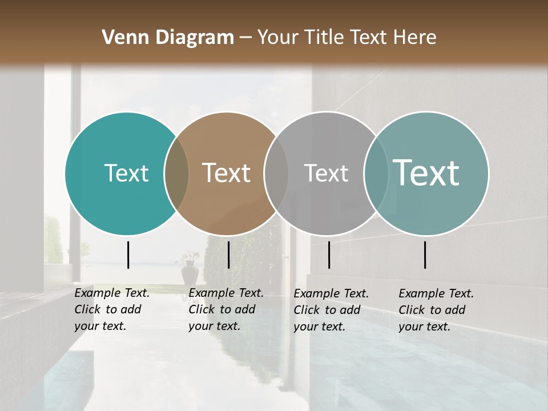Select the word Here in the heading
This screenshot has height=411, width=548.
click(416, 38)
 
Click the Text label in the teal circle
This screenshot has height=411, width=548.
click(126, 174)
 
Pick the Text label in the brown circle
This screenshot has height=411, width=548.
click(226, 174)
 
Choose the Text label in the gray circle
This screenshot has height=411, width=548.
click(326, 174)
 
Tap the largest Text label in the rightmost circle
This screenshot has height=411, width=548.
click(426, 173)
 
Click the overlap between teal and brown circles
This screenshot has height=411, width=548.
click(176, 174)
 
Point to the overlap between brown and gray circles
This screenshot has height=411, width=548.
click(276, 174)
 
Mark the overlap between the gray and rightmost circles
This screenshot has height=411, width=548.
click(376, 174)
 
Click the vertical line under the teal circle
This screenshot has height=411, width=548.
click(128, 255)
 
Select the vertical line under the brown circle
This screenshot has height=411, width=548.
click(228, 255)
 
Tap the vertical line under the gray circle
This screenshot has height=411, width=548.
click(329, 255)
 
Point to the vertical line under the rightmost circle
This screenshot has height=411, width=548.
click(425, 255)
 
